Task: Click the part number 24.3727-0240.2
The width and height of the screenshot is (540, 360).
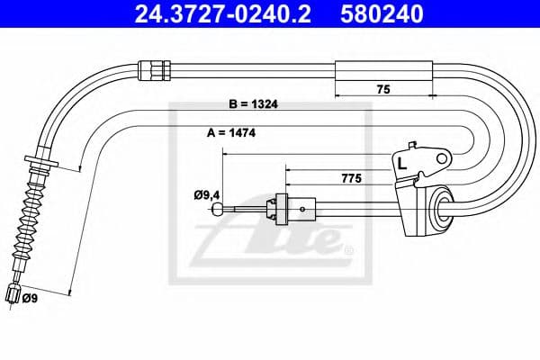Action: pos(213,14)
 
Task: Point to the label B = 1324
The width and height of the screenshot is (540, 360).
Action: pos(253,103)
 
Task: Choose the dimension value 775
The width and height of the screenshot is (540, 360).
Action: pos(352,179)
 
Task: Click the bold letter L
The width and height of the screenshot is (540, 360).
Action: pos(401,164)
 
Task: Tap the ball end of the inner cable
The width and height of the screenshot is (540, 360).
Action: pos(218,210)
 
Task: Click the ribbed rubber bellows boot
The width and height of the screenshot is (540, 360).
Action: pos(26,217)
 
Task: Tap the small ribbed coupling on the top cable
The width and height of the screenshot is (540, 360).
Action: pos(152,67)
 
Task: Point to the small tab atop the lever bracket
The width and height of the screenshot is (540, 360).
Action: pos(413,146)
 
